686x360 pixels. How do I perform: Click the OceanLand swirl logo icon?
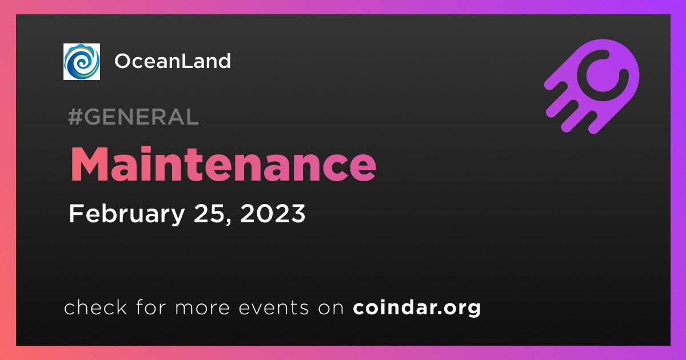tap(81, 62)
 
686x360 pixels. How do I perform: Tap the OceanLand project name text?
tap(173, 61)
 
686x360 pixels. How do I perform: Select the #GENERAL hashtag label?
tap(134, 117)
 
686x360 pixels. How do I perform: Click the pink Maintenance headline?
tap(224, 164)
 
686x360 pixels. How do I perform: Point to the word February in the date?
tap(127, 214)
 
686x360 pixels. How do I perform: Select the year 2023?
tap(273, 213)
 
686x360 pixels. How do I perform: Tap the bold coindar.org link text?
tap(417, 307)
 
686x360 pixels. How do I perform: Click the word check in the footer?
tap(95, 307)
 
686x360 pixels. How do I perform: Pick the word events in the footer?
tap(273, 307)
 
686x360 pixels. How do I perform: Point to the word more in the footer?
tap(202, 308)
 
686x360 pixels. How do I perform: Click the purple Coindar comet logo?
tap(592, 86)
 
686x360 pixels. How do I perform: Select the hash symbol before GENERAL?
tap(74, 117)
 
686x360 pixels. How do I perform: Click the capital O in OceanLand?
tap(123, 61)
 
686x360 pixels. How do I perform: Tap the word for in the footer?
tap(151, 307)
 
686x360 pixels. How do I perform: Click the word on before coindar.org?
tap(331, 308)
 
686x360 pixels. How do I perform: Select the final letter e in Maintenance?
tap(363, 169)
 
